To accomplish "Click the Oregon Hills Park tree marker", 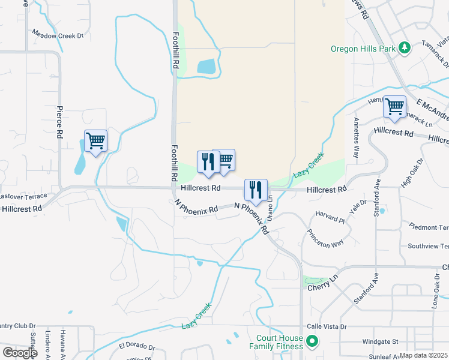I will pyautogui.click(x=405, y=47).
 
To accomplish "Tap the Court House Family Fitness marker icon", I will pyautogui.click(x=312, y=342).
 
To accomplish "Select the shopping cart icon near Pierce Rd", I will pyautogui.click(x=95, y=142).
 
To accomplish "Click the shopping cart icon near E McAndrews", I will pyautogui.click(x=394, y=107).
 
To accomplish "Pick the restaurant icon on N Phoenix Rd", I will pyautogui.click(x=256, y=190).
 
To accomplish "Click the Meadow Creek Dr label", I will pyautogui.click(x=58, y=35).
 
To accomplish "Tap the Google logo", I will pyautogui.click(x=20, y=353).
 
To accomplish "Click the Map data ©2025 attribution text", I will pyautogui.click(x=423, y=355).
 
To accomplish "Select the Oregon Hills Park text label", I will pyautogui.click(x=363, y=49).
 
